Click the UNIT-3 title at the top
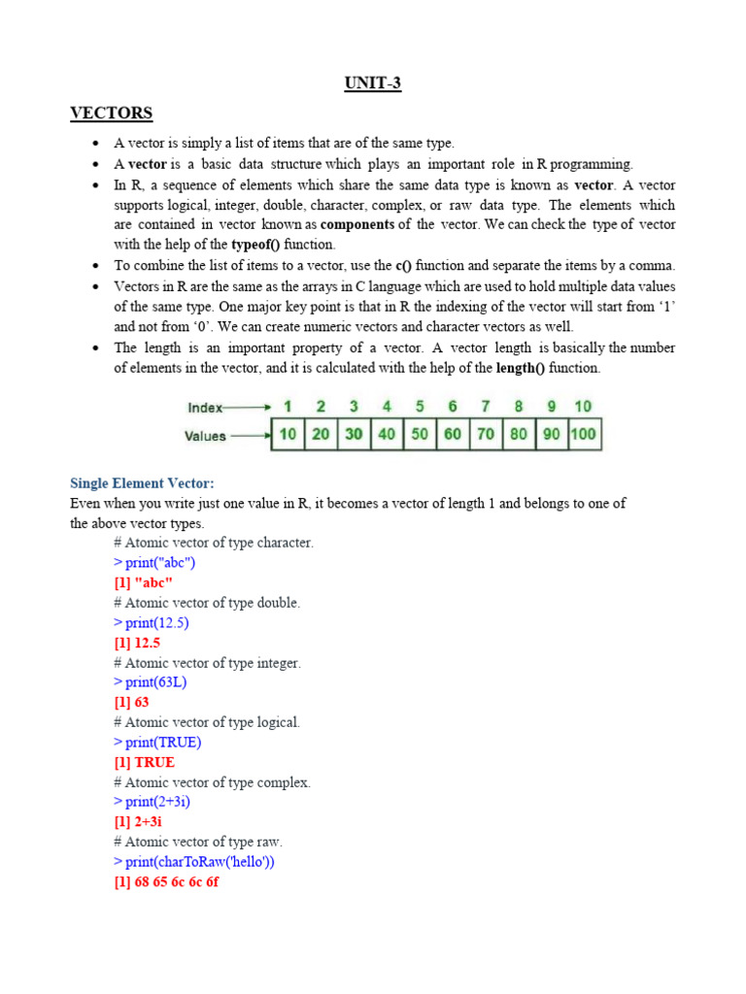tap(373, 83)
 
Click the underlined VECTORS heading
tap(111, 114)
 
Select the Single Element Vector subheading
tap(142, 482)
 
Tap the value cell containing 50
tap(420, 435)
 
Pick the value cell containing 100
tap(584, 435)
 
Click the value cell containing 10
tap(288, 435)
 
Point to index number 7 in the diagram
tap(486, 407)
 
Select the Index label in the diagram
tap(205, 408)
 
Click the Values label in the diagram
tap(205, 436)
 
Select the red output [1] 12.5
tap(137, 643)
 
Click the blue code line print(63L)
tap(151, 682)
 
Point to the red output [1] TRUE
tap(145, 762)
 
